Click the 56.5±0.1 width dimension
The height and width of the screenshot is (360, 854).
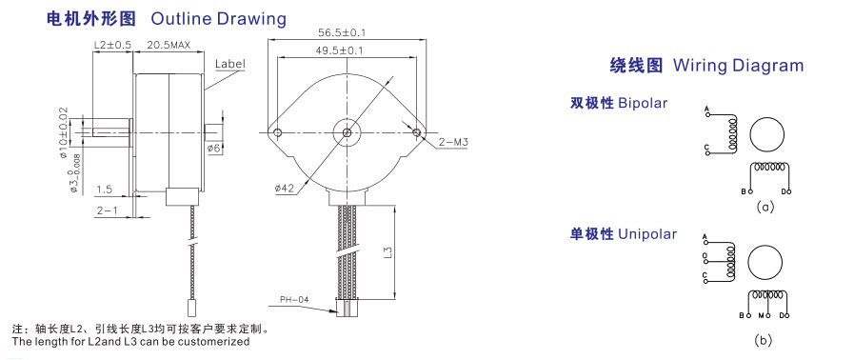(342, 32)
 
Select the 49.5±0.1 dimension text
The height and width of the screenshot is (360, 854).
(341, 50)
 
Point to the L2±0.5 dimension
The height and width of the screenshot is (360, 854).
(112, 46)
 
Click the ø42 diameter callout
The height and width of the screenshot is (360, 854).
(285, 189)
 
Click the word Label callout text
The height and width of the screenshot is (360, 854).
(229, 64)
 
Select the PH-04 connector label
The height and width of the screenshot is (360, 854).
(293, 300)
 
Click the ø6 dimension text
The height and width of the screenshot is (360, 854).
(213, 149)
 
